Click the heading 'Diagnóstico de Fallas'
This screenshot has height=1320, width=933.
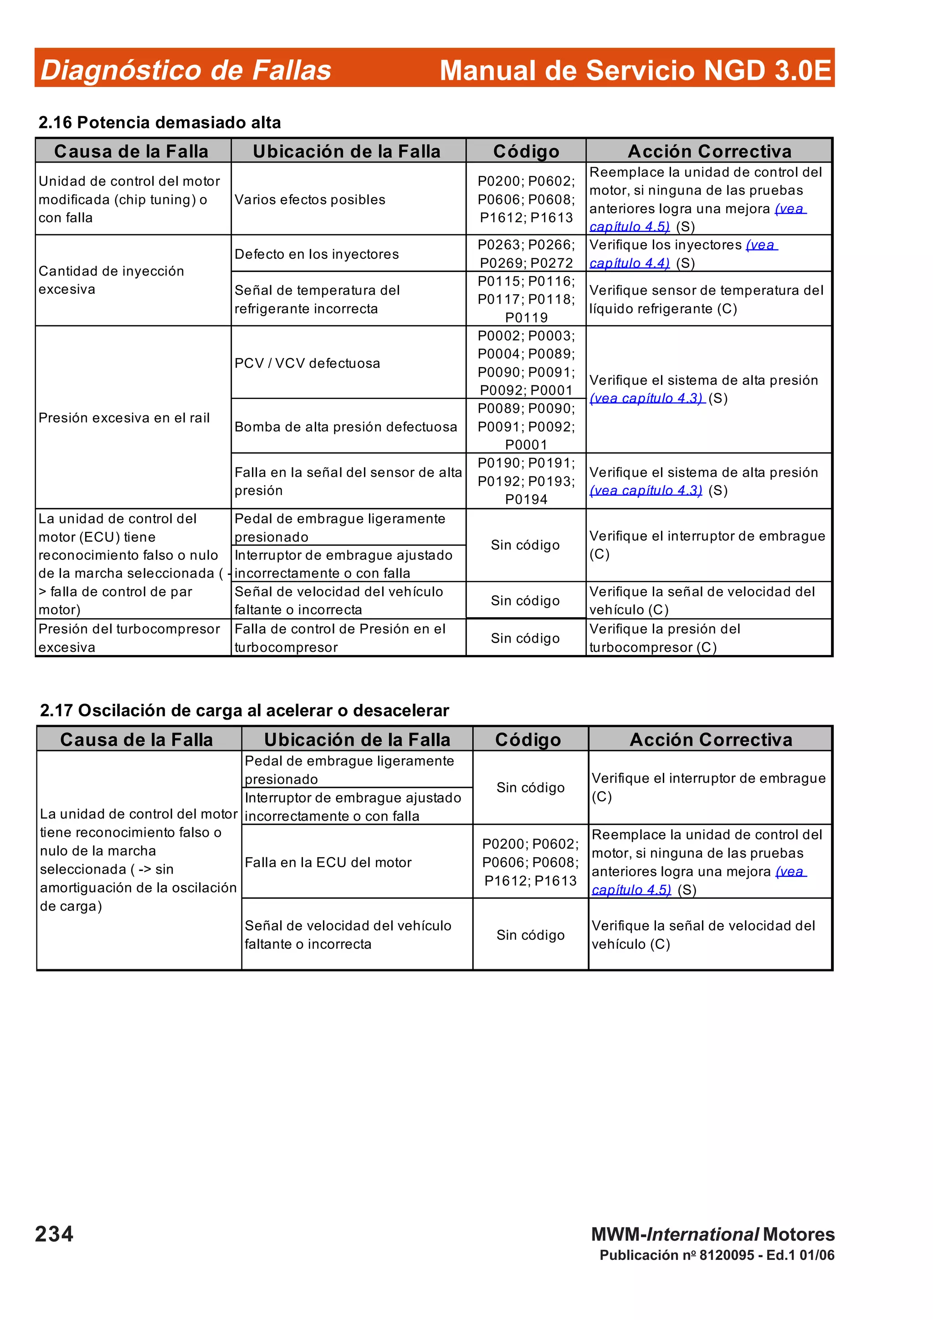click(x=186, y=70)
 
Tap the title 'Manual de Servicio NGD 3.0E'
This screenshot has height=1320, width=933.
click(x=635, y=70)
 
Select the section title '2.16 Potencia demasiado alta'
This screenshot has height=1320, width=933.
click(x=159, y=123)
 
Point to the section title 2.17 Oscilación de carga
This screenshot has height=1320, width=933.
click(x=244, y=711)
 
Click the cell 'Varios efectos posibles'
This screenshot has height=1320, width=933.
click(x=310, y=200)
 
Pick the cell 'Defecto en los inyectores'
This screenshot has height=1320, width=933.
click(x=316, y=254)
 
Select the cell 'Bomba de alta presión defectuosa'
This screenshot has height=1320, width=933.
click(x=345, y=427)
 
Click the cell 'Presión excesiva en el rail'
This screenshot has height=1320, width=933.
click(x=124, y=418)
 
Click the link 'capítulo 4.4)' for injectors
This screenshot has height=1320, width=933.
click(x=630, y=263)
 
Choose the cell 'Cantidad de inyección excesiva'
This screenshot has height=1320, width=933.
click(x=112, y=280)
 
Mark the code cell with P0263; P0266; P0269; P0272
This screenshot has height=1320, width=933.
click(x=526, y=254)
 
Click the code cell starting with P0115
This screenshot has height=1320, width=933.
click(x=526, y=299)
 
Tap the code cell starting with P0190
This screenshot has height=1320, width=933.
click(x=526, y=481)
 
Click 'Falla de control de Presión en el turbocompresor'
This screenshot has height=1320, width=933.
click(x=340, y=638)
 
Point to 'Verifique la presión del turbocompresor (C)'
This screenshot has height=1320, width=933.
click(x=665, y=638)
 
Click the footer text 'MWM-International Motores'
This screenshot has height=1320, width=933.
click(x=713, y=1234)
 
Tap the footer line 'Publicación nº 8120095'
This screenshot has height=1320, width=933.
click(x=716, y=1255)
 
